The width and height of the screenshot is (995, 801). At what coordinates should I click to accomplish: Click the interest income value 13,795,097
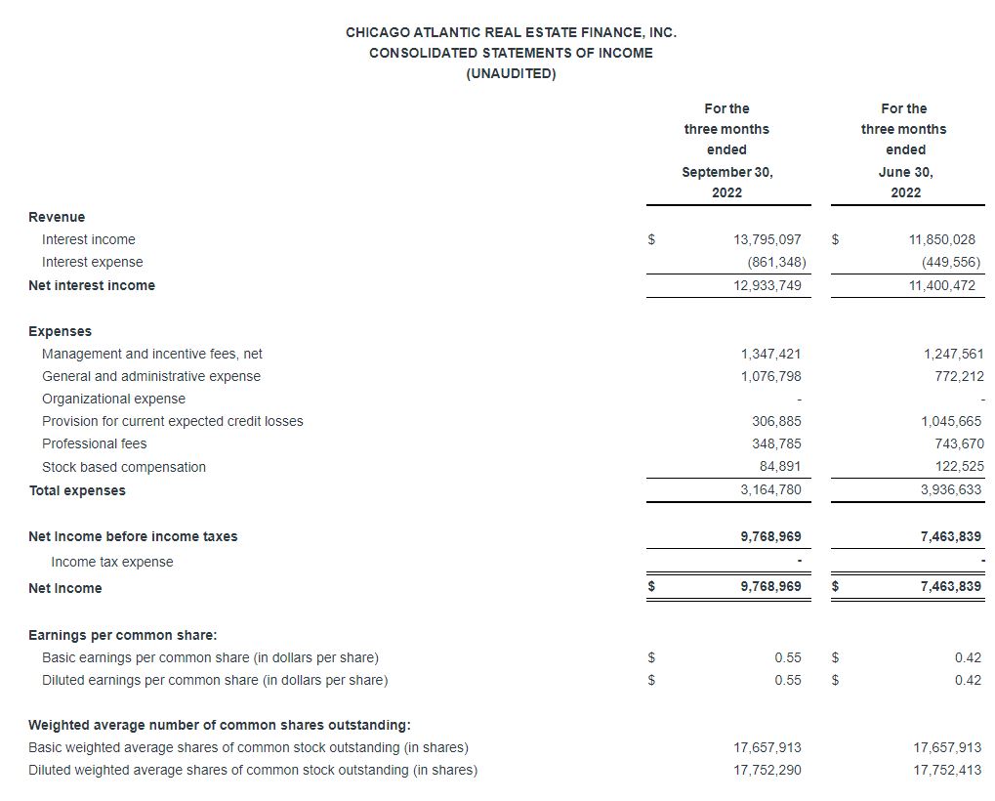coord(767,239)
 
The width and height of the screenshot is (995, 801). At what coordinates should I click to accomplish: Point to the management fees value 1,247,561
coord(952,354)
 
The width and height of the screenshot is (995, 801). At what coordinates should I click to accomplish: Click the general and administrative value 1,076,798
coord(770,376)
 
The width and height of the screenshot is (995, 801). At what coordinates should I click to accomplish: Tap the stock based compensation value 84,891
coord(783,467)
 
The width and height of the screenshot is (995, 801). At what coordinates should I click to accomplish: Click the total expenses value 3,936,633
coord(951,490)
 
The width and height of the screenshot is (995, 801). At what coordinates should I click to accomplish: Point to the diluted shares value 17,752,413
coord(947,770)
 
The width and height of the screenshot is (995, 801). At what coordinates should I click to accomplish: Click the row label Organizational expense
coord(113,399)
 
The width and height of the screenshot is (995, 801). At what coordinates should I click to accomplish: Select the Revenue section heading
coord(57,217)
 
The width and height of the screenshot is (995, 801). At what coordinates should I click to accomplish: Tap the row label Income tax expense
coord(111,562)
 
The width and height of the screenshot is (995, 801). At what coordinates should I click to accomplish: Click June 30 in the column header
coord(905,172)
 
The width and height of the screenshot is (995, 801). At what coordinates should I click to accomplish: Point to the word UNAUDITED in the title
coord(511,74)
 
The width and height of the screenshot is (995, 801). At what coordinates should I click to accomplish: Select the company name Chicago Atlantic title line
coord(511,32)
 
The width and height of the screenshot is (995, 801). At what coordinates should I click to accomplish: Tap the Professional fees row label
coord(94,443)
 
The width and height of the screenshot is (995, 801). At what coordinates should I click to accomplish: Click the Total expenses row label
coord(77,490)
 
